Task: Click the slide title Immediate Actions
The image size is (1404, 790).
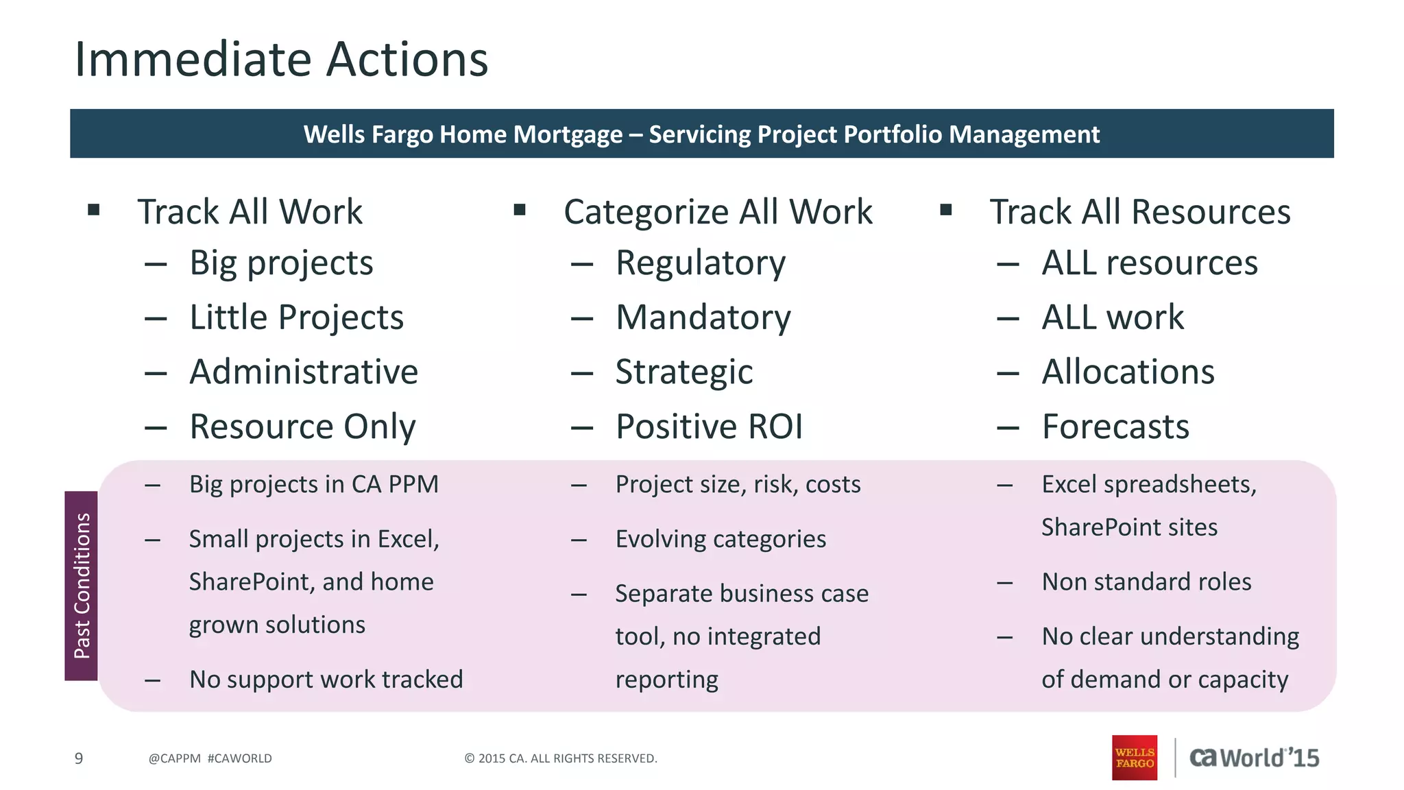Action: pyautogui.click(x=281, y=60)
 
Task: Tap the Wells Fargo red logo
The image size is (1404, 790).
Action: pyautogui.click(x=1134, y=757)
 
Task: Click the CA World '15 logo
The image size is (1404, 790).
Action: pyautogui.click(x=1254, y=758)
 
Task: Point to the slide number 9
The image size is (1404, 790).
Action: pyautogui.click(x=79, y=758)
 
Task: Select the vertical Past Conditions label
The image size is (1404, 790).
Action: pyautogui.click(x=82, y=586)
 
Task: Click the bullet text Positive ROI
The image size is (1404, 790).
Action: pyautogui.click(x=709, y=427)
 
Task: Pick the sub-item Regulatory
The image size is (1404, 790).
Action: pyautogui.click(x=700, y=263)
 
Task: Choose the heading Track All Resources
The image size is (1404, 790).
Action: pyautogui.click(x=1139, y=211)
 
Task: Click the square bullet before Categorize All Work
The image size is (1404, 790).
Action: pyautogui.click(x=520, y=210)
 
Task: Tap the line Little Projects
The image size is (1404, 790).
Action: pyautogui.click(x=296, y=318)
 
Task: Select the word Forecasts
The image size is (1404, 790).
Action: pyautogui.click(x=1115, y=427)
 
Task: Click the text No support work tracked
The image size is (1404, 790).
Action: pyautogui.click(x=326, y=680)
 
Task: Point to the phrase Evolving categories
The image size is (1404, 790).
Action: pyautogui.click(x=721, y=539)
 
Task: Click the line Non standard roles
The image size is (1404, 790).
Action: pyautogui.click(x=1146, y=582)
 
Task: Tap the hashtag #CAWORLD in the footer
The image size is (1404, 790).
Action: pyautogui.click(x=239, y=758)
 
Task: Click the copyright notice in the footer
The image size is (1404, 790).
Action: pyautogui.click(x=561, y=758)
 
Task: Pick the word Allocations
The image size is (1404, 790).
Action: pyautogui.click(x=1128, y=372)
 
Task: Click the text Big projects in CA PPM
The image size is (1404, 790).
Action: pyautogui.click(x=313, y=484)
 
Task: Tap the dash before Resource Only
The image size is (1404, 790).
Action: pyautogui.click(x=156, y=428)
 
